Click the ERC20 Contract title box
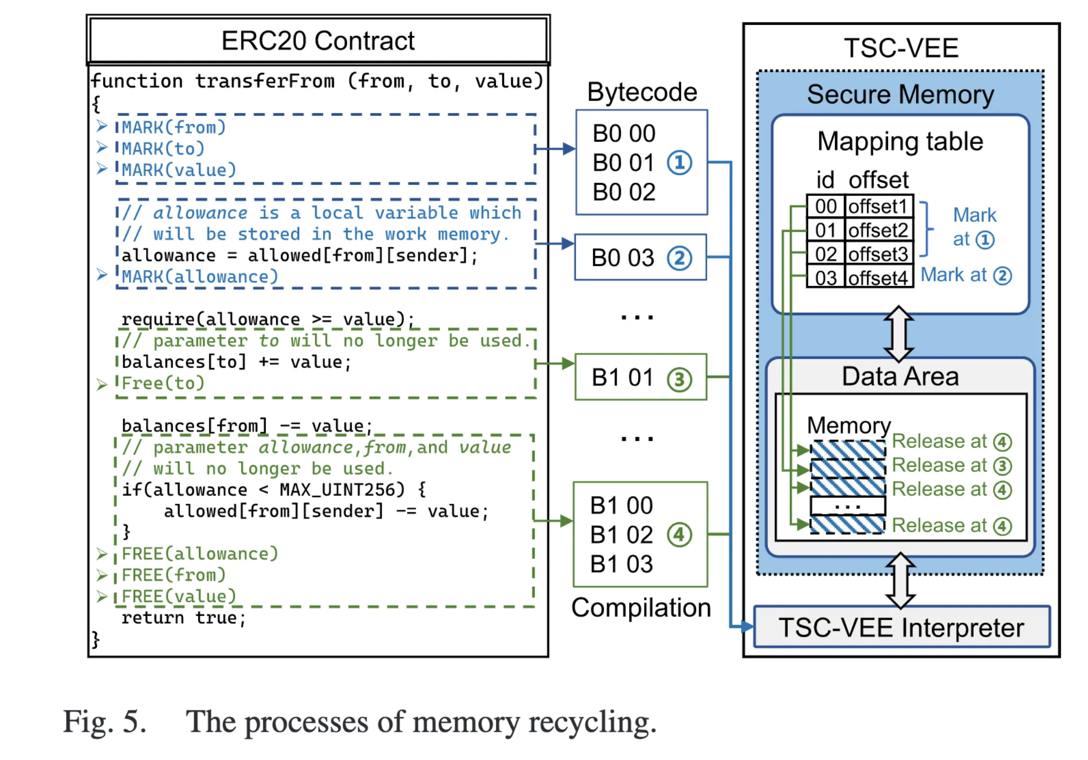point(318,41)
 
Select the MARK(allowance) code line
point(199,277)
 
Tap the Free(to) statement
point(163,383)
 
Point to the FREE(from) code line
point(173,575)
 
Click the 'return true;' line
point(183,617)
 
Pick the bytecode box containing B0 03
point(641,257)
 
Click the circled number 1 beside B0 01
point(679,163)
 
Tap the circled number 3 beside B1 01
point(679,379)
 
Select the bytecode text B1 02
point(621,535)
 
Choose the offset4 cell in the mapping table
point(878,278)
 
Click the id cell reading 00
point(825,207)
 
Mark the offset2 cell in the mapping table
point(878,230)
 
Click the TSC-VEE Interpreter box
point(901,627)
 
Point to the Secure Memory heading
point(900,94)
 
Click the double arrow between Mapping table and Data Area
point(898,334)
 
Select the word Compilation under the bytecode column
point(641,608)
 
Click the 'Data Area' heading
point(900,376)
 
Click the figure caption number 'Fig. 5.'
point(104,722)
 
